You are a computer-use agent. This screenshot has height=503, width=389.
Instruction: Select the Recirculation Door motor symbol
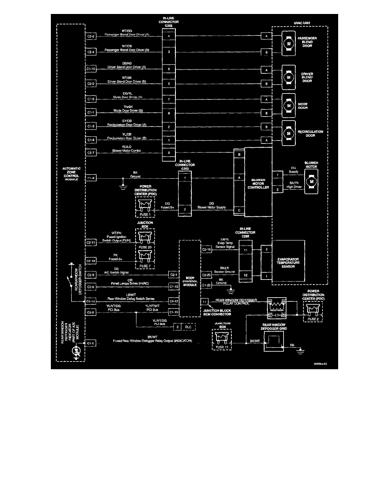click(289, 133)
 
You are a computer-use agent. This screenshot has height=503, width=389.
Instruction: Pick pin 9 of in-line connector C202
click(169, 152)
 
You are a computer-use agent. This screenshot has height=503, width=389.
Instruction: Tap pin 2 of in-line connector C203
click(185, 210)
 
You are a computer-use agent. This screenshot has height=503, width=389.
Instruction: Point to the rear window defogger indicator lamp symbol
click(76, 351)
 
